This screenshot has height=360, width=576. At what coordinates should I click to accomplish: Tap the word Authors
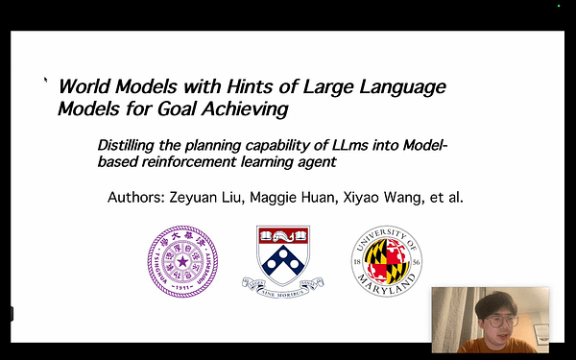[142, 198]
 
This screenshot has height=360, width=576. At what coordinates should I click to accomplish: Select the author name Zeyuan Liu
[233, 198]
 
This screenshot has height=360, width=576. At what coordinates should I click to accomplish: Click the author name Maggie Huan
[318, 198]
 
